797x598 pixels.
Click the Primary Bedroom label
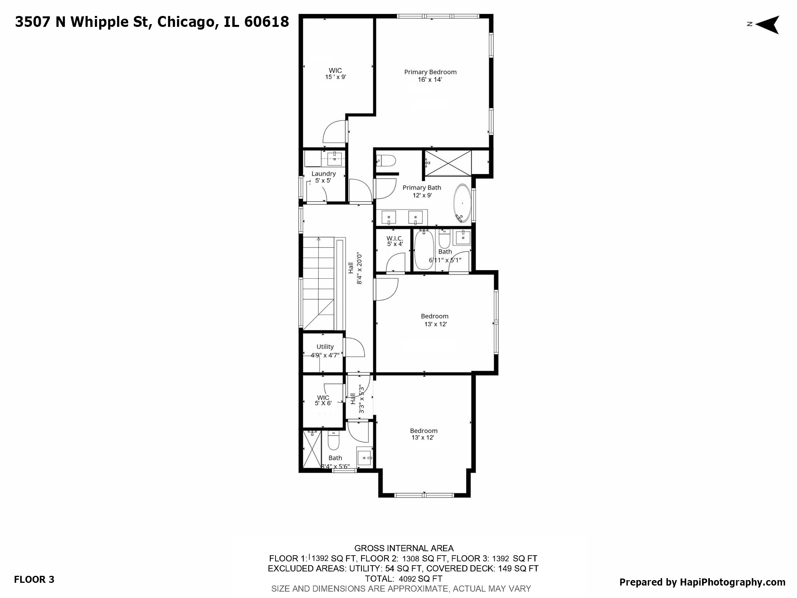pyautogui.click(x=430, y=72)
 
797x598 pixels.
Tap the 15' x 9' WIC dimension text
pyautogui.click(x=335, y=77)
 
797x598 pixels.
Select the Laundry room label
pyautogui.click(x=323, y=174)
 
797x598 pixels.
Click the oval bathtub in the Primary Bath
pyautogui.click(x=462, y=203)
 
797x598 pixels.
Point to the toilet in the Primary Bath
pyautogui.click(x=386, y=160)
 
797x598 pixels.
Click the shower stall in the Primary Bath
pyautogui.click(x=448, y=164)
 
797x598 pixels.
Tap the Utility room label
pyautogui.click(x=325, y=346)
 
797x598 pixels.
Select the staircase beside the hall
pyautogui.click(x=318, y=283)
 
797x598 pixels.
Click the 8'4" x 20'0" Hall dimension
pyautogui.click(x=360, y=267)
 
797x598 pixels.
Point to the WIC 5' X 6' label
pyautogui.click(x=323, y=400)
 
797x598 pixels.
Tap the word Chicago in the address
pyautogui.click(x=186, y=22)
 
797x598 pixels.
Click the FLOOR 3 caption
pyautogui.click(x=34, y=579)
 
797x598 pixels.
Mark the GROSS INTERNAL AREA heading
pyautogui.click(x=404, y=548)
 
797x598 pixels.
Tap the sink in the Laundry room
pyautogui.click(x=334, y=157)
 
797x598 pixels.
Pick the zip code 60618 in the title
pyautogui.click(x=267, y=22)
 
